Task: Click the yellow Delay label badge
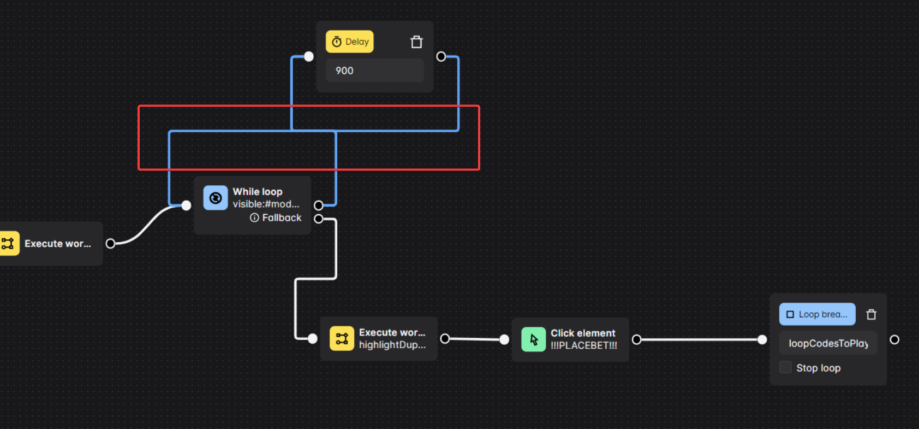349,42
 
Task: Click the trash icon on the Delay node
416,42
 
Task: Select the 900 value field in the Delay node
374,70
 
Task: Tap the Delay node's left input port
309,56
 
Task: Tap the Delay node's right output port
441,56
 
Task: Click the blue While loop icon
216,198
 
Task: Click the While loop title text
258,191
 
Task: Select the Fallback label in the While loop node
281,218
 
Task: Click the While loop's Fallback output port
319,219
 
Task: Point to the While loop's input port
186,205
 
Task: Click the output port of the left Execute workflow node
110,243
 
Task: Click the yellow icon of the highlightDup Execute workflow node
342,338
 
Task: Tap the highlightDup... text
392,345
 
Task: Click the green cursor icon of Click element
533,339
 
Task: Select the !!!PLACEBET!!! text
583,345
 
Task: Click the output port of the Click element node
636,339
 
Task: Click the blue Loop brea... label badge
817,314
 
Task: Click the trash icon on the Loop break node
871,314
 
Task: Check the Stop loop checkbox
785,367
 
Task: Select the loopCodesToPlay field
828,343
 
